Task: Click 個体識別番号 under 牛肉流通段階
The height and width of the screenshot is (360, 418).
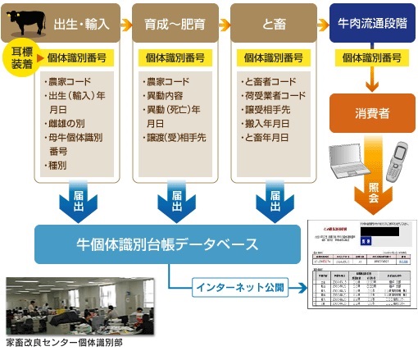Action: [x=370, y=58]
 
